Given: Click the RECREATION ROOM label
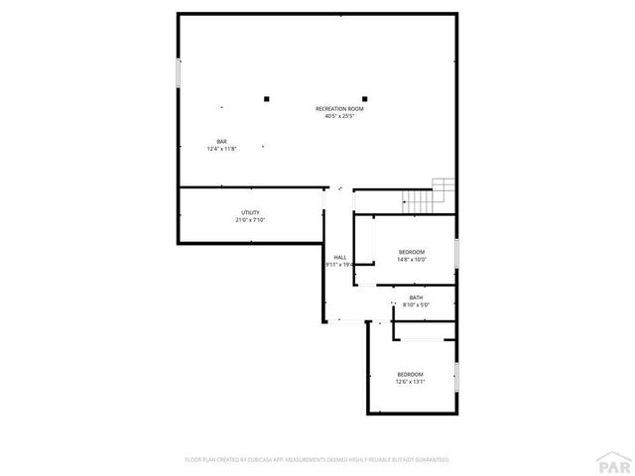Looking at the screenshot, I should (339, 108).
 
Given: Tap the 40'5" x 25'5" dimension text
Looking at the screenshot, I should (339, 116).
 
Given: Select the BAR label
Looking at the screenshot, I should (221, 141).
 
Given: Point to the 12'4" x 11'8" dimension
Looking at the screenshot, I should (221, 149).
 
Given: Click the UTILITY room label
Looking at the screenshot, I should (250, 212).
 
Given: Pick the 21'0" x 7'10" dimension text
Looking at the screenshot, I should (250, 220).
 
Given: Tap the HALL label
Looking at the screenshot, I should (339, 257).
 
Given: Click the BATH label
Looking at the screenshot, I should (416, 297).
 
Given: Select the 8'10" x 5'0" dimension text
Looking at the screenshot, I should (416, 305).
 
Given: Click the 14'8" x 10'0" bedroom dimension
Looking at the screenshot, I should (411, 260).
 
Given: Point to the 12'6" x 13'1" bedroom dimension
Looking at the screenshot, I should (410, 382).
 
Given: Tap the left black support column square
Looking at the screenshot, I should (266, 97).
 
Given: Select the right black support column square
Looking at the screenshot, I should (364, 97).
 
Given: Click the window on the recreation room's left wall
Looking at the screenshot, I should (179, 73).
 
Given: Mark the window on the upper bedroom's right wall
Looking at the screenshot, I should (456, 253).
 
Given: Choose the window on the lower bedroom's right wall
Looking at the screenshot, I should (456, 377).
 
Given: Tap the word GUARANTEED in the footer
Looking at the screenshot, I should (428, 460).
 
